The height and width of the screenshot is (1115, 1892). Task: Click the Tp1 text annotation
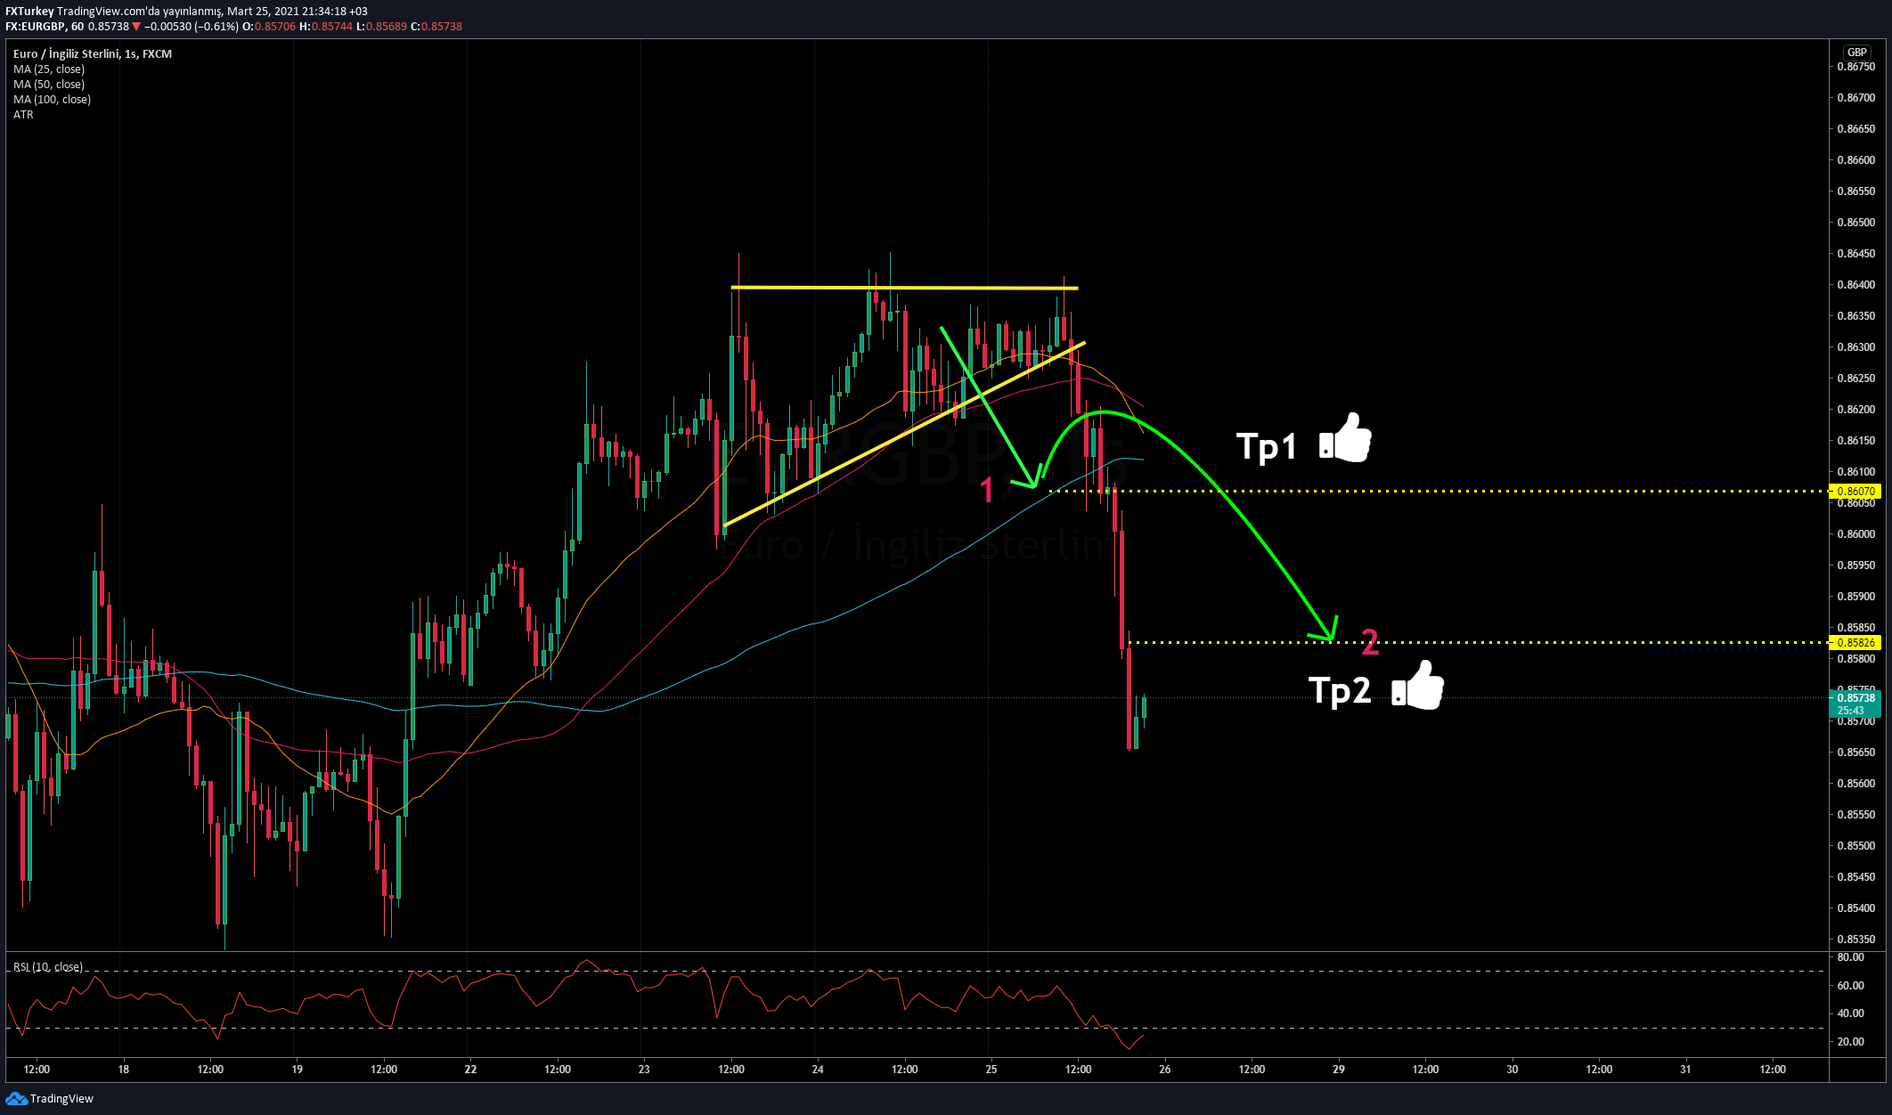(x=1266, y=446)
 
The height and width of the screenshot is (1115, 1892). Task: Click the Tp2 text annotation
(x=1339, y=690)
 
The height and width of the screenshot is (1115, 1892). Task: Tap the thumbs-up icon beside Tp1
(x=1345, y=437)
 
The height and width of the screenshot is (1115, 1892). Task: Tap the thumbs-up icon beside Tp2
(x=1418, y=685)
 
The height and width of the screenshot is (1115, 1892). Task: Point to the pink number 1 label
(x=987, y=490)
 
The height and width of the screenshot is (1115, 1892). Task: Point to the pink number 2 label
(x=1370, y=641)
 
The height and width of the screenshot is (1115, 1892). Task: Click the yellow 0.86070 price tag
(x=1856, y=492)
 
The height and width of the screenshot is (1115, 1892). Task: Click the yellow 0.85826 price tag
(x=1856, y=643)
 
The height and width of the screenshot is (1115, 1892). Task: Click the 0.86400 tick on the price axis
(x=1855, y=285)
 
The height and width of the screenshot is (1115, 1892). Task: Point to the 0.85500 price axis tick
(x=1855, y=846)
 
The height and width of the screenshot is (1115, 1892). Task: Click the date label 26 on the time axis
(x=1164, y=1070)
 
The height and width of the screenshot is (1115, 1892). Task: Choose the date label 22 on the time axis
(x=470, y=1070)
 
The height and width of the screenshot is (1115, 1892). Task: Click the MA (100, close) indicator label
(x=52, y=100)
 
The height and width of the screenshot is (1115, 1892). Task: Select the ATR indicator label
(x=23, y=115)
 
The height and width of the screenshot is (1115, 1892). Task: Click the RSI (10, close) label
(x=48, y=967)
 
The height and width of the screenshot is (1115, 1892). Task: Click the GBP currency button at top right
(x=1856, y=53)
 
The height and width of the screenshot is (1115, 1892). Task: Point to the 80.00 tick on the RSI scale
(x=1850, y=957)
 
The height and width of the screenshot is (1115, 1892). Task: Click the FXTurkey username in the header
(x=29, y=12)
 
